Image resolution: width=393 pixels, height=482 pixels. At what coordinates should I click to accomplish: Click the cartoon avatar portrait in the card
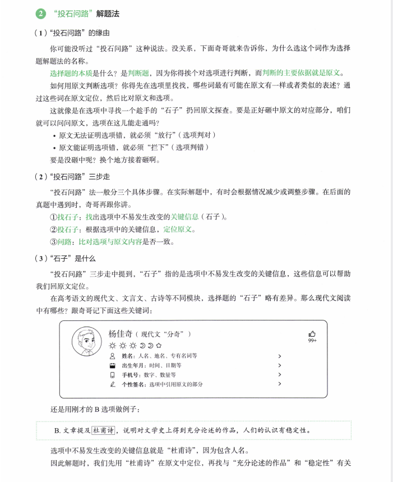[86, 341]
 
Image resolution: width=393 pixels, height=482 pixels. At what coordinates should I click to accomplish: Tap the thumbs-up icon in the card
[312, 333]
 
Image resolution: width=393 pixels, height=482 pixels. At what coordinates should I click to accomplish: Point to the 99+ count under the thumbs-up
[312, 341]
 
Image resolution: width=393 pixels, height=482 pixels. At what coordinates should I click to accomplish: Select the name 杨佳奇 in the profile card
[121, 334]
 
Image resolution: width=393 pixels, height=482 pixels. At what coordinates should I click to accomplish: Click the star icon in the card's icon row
[159, 346]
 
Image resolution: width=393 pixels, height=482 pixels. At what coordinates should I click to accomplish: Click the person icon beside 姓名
[112, 356]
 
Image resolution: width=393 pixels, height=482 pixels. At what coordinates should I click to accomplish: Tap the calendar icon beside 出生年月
[112, 365]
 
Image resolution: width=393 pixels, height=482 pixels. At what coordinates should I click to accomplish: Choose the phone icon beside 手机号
[112, 375]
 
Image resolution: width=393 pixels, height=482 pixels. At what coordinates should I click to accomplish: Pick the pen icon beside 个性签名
[112, 384]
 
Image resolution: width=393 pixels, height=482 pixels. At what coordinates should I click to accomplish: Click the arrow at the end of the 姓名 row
[279, 356]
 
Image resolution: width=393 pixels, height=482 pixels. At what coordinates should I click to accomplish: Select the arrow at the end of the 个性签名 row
[279, 384]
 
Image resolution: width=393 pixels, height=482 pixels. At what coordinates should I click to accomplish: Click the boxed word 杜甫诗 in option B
[104, 430]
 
